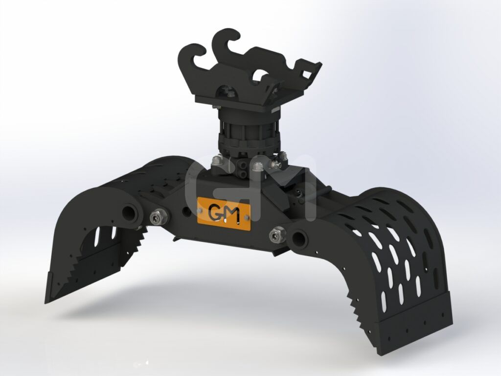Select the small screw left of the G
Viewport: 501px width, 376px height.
[200, 210]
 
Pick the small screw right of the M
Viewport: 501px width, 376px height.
[246, 218]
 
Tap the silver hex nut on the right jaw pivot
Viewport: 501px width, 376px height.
[277, 235]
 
